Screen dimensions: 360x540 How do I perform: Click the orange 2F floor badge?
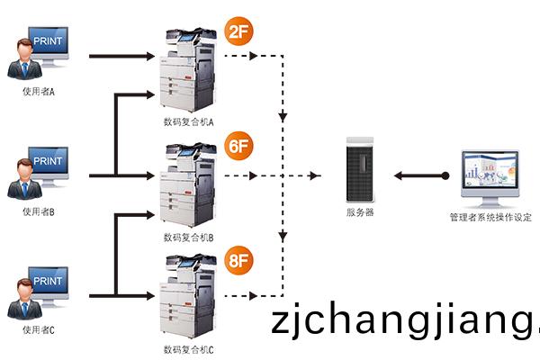(x=237, y=33)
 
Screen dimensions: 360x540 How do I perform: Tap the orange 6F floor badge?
(x=237, y=146)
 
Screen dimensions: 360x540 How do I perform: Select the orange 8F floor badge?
(x=237, y=259)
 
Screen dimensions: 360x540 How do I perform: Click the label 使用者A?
(x=39, y=92)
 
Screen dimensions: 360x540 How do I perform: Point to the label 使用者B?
(x=39, y=212)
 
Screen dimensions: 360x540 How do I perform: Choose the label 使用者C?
(x=39, y=330)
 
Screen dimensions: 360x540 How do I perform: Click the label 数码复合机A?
(x=187, y=122)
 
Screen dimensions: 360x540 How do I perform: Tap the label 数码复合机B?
(x=187, y=238)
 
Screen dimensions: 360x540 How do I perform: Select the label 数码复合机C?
(x=187, y=349)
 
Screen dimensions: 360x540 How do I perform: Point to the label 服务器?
(x=359, y=212)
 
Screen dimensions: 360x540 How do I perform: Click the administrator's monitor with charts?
(x=491, y=176)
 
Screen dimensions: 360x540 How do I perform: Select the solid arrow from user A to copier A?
(x=121, y=57)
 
